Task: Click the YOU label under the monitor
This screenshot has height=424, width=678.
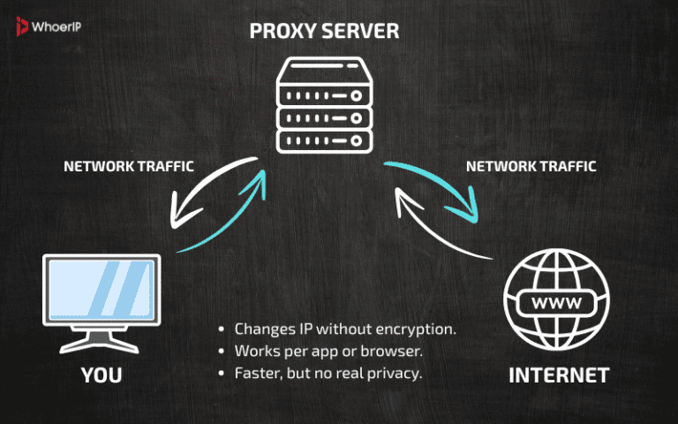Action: (x=101, y=375)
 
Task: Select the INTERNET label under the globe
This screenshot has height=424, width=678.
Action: (x=558, y=375)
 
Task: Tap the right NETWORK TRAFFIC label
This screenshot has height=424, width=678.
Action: (x=531, y=165)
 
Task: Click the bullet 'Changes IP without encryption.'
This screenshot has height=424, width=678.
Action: (x=344, y=329)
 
